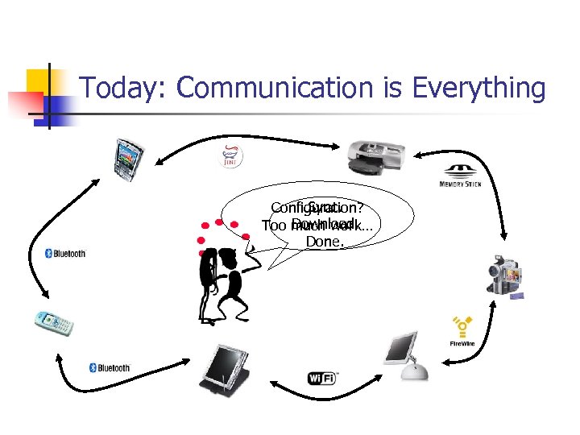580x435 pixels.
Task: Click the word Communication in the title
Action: (276, 89)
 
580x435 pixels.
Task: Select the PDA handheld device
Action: (128, 159)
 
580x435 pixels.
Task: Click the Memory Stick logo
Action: (462, 177)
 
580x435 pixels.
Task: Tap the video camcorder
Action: (506, 275)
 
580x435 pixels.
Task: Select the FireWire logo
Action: (462, 331)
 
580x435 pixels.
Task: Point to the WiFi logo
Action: (323, 377)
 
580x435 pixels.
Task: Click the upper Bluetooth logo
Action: (65, 254)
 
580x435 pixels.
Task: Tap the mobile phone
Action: (53, 321)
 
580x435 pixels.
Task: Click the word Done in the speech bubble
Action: (325, 241)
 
